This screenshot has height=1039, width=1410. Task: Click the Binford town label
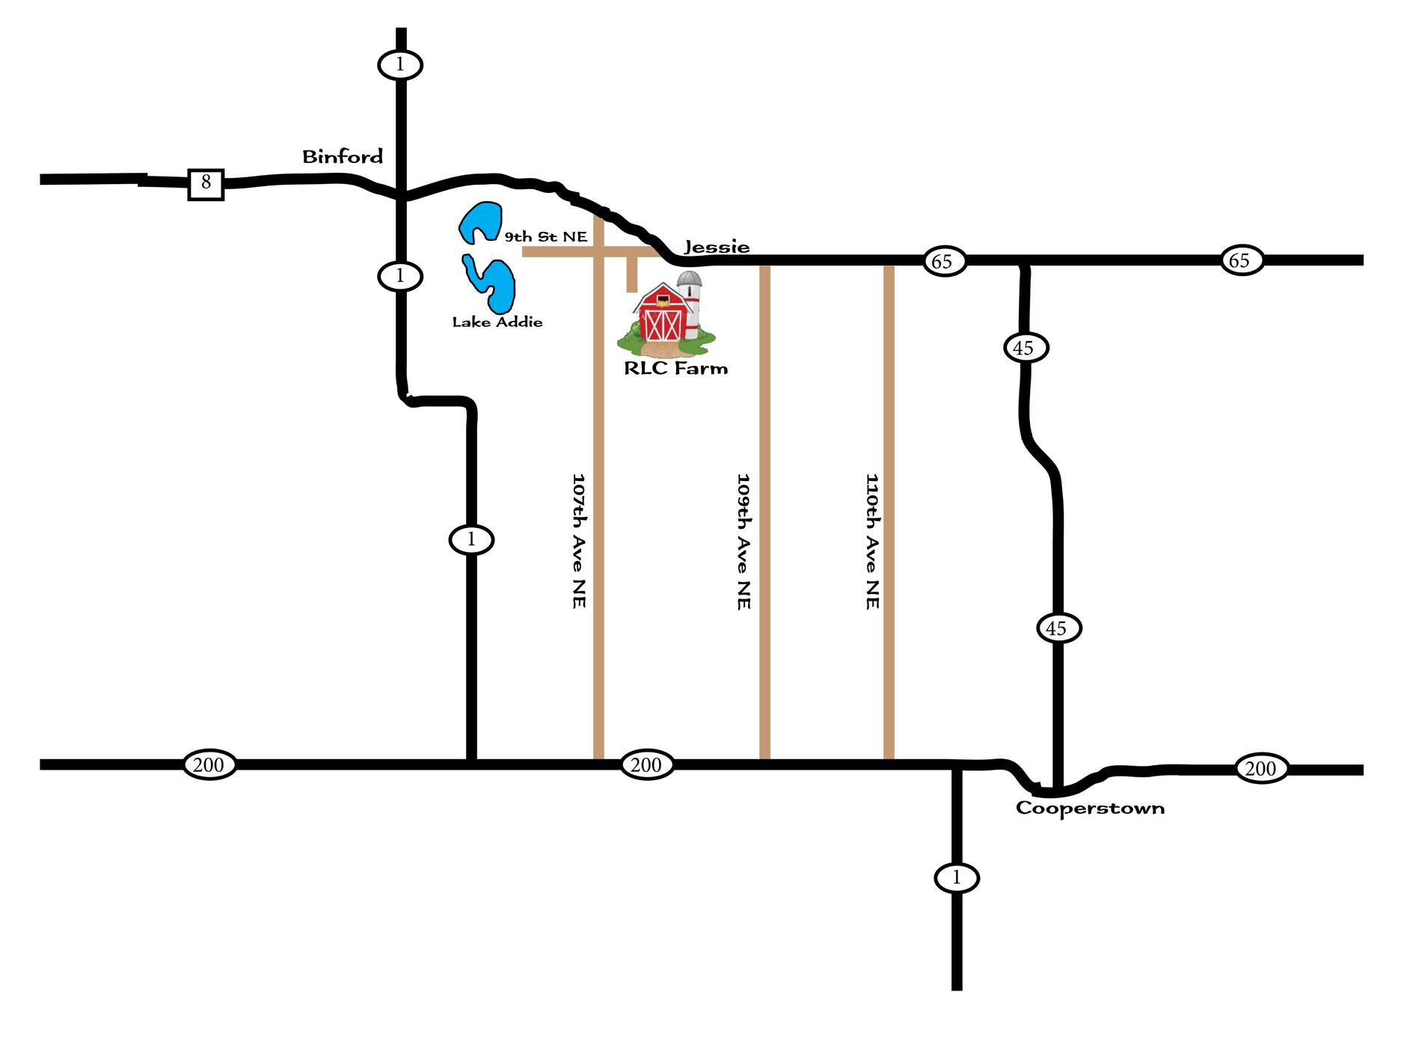point(342,156)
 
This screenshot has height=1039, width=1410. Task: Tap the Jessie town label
point(717,246)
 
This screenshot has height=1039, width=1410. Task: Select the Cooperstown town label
point(1090,808)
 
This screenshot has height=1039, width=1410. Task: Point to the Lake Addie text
point(497,322)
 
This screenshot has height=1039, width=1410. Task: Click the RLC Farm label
point(675,367)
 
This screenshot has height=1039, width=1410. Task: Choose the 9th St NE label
point(545,237)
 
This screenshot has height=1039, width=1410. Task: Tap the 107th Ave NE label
point(578,539)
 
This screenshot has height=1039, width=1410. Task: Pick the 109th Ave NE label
point(744,540)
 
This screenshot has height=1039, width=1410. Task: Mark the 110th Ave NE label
point(872,540)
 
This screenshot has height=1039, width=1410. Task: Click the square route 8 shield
point(206,183)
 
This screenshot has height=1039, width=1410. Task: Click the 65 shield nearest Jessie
point(942,261)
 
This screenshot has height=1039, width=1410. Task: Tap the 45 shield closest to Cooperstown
point(1057,628)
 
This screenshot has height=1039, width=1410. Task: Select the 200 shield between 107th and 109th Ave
point(646,764)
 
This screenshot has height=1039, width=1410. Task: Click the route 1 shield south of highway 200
point(956,877)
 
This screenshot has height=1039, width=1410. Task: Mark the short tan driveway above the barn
point(632,274)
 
